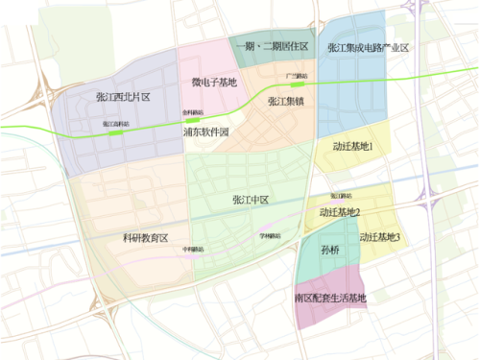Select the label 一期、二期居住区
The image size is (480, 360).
point(273,47)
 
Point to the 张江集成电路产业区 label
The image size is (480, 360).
point(369,48)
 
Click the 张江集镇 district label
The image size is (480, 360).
point(286,101)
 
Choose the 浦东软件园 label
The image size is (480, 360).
point(206,132)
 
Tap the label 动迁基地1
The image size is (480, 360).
point(352,147)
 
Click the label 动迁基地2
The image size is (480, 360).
point(339,212)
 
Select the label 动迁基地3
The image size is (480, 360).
point(380,236)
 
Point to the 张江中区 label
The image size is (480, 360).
point(250,200)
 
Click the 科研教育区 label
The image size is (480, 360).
point(145,237)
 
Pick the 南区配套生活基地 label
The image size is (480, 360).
point(331,298)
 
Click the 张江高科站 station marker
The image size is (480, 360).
point(117,132)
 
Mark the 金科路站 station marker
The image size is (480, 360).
point(193,118)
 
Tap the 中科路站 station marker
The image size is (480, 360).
point(195,254)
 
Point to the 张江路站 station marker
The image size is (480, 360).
point(327,201)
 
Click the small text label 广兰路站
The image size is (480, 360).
point(297,74)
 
